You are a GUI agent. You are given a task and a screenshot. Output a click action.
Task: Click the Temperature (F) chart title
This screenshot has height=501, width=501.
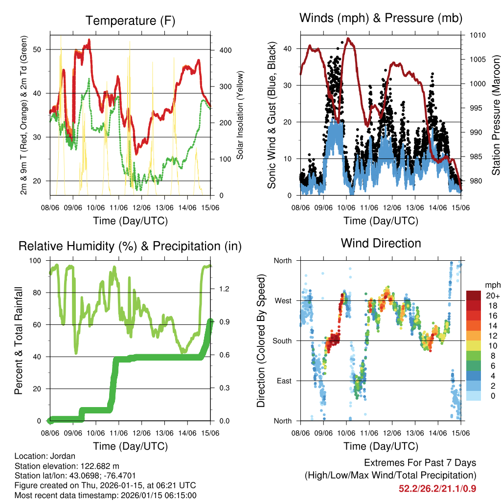[x=130, y=21]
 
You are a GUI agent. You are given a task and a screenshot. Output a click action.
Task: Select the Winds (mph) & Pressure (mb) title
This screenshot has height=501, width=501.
[x=381, y=18]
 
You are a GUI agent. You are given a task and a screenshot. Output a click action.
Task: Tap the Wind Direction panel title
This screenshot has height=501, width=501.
[x=381, y=243]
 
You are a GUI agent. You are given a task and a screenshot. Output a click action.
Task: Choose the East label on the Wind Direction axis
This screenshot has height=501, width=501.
[x=283, y=381]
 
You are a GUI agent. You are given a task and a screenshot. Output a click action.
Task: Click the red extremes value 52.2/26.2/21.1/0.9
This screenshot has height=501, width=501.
[x=437, y=488]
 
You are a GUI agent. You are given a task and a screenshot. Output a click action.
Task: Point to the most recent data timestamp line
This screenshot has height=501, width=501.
[x=106, y=495]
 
